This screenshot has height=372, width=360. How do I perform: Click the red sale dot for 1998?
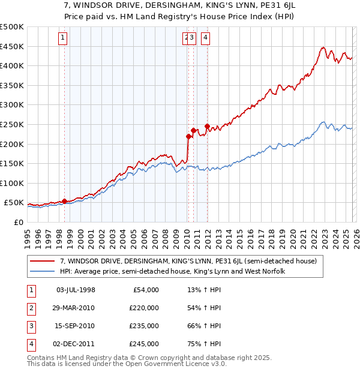click(x=64, y=201)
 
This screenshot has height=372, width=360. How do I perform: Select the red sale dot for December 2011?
click(x=207, y=127)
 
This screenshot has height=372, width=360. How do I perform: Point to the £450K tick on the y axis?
click(x=13, y=46)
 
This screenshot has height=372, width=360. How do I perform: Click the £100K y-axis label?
click(x=13, y=183)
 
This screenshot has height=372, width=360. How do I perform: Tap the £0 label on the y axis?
click(x=19, y=223)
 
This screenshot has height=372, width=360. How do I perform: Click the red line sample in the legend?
click(x=43, y=261)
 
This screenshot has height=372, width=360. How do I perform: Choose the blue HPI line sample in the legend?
click(x=43, y=271)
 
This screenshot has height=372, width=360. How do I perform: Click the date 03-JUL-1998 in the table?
click(x=76, y=290)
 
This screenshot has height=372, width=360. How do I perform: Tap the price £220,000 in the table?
click(x=143, y=308)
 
